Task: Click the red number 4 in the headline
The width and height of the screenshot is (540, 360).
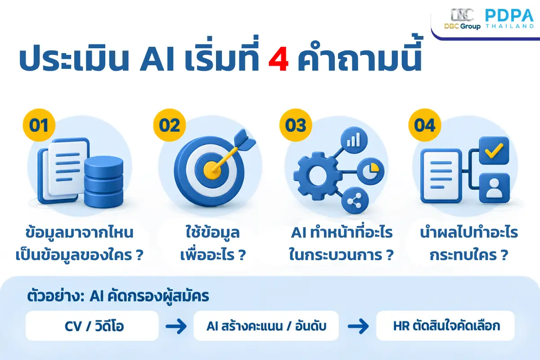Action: point(279,59)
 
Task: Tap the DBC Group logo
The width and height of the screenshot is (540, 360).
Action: point(462,19)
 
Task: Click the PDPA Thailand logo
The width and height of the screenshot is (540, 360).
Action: point(509,19)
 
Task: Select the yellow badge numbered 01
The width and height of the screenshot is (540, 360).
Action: point(39,125)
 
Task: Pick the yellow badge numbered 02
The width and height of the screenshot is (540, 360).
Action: point(170,125)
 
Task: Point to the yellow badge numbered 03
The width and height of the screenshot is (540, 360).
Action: point(296,125)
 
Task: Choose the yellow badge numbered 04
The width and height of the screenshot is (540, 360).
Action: point(425,125)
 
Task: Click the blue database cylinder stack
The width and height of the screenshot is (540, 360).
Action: point(103,182)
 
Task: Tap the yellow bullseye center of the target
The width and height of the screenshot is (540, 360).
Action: point(212,171)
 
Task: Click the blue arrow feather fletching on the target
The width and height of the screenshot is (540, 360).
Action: point(244,140)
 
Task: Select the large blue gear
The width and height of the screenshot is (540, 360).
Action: point(318,176)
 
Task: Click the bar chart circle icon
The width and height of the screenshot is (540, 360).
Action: point(354,140)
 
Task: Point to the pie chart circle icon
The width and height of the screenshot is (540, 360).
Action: point(370,171)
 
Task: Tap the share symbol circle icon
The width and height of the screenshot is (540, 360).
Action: point(355,201)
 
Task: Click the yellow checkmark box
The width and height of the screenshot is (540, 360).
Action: point(494,151)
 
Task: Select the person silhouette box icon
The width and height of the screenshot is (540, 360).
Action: point(494,188)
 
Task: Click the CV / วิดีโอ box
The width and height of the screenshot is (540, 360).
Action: point(92,326)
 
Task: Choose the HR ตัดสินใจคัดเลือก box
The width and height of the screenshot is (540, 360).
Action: point(445,326)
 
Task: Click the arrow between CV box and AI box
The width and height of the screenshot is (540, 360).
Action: point(176,326)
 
